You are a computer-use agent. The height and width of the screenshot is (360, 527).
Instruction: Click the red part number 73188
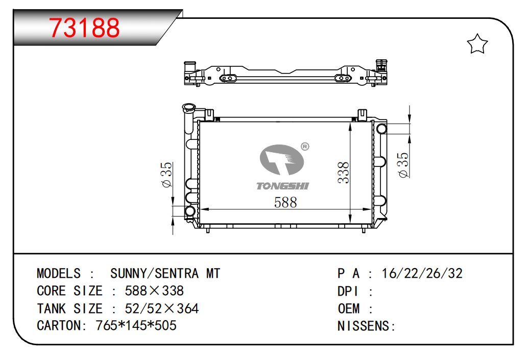84,27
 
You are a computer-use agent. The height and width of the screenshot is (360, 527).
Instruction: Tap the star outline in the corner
477,44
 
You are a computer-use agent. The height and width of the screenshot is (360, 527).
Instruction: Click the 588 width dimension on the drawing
285,202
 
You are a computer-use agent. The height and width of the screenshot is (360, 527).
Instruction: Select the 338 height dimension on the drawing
344,173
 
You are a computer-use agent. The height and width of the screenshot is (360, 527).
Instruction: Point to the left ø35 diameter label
166,175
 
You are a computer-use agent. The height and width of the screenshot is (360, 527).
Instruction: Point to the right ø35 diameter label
403,165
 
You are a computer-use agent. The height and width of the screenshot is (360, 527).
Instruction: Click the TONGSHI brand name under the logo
282,186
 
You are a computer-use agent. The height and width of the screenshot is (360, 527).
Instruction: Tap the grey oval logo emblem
282,160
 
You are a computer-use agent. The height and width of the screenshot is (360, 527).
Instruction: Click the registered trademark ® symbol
305,147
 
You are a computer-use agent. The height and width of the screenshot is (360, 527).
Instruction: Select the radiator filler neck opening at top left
189,108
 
